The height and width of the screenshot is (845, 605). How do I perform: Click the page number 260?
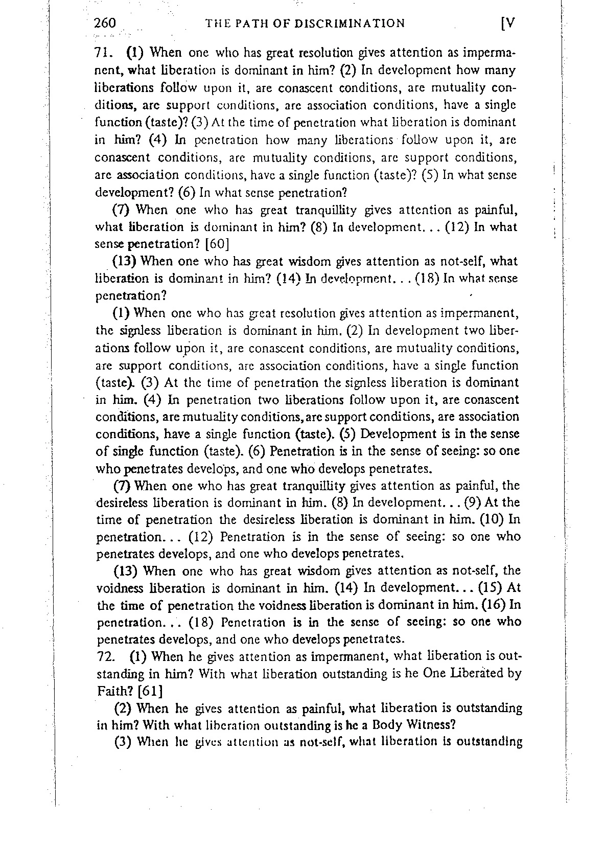106,23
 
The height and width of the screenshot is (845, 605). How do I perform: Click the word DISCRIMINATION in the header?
351,23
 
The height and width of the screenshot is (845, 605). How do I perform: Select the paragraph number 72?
104,656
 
